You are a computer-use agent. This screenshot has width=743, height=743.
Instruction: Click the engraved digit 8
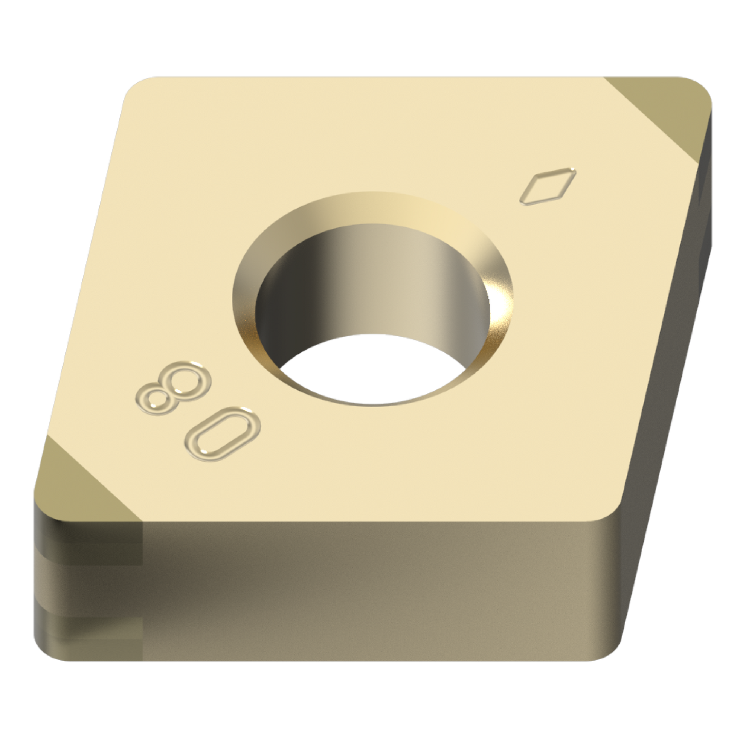pyautogui.click(x=170, y=388)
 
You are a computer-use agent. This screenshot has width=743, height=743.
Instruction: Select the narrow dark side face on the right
pyautogui.click(x=674, y=334)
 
